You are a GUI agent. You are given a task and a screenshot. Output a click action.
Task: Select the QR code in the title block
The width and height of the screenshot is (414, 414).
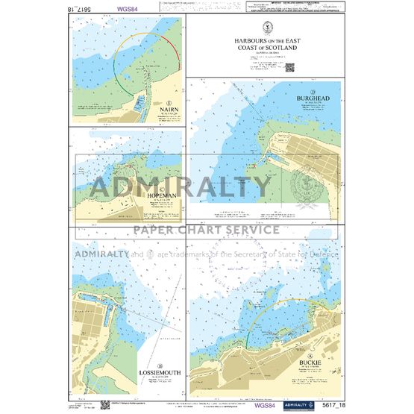(289, 66)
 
